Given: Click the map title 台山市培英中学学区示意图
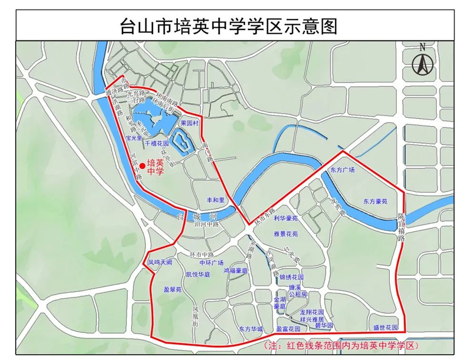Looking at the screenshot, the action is click(235, 27).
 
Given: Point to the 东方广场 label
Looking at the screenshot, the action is click(343, 170).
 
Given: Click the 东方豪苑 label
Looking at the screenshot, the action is click(375, 202).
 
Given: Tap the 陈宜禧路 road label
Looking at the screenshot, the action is click(401, 227).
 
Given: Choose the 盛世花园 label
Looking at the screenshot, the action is click(386, 328).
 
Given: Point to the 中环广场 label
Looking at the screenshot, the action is click(211, 263).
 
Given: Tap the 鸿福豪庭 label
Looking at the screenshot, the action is click(235, 270).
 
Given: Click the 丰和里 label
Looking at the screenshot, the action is click(209, 201).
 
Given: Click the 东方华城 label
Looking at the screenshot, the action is click(251, 329).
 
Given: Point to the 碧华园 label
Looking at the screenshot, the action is click(324, 325).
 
